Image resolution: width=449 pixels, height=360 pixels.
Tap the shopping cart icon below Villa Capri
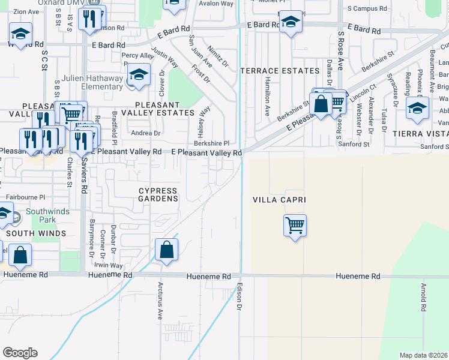click(295, 226)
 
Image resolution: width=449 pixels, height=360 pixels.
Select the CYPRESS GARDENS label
click(158, 194)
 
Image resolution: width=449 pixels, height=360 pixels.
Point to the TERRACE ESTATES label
click(280, 71)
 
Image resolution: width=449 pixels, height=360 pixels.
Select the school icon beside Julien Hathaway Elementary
click(139, 76)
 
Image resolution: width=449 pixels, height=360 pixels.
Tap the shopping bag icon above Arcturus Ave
click(166, 249)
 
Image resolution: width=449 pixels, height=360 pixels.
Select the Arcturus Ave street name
click(160, 301)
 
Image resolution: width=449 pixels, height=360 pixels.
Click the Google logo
click(20, 353)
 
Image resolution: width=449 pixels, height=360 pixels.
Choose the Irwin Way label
click(108, 265)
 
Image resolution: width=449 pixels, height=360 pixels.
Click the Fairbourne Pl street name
click(25, 197)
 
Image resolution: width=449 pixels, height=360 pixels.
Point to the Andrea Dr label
click(146, 133)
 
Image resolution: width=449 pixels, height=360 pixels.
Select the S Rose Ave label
click(340, 51)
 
